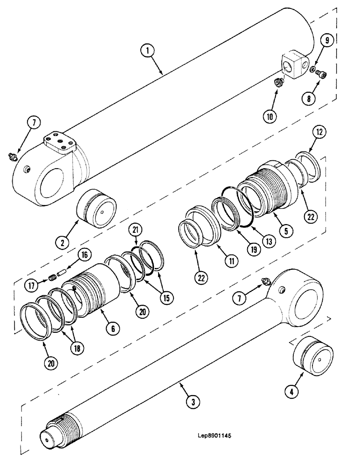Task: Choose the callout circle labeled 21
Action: click(x=136, y=229)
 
